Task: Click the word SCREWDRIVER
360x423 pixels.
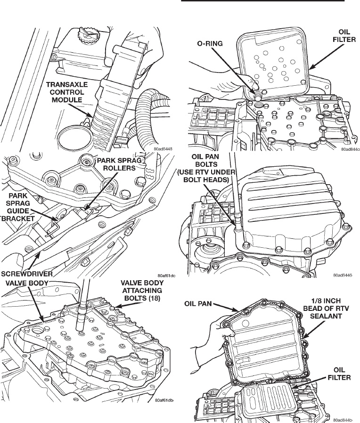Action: click(x=27, y=273)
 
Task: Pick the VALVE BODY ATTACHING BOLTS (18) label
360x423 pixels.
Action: click(x=141, y=290)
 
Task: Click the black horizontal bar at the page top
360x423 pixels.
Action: click(x=263, y=1)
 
